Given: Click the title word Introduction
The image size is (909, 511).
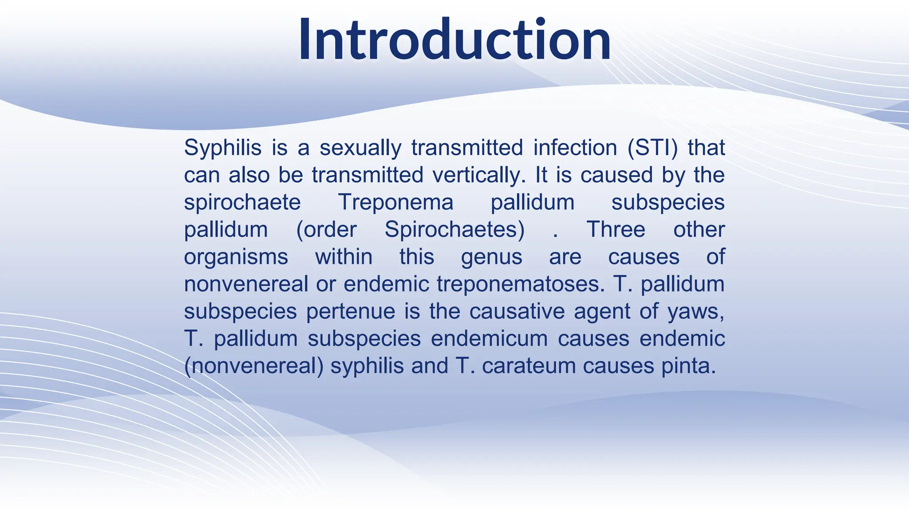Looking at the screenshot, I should [454, 40].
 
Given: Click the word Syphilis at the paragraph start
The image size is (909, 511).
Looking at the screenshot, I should [223, 148].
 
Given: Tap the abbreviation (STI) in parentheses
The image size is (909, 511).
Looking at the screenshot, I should [653, 148].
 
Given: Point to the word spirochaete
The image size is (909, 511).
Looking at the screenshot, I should [242, 203].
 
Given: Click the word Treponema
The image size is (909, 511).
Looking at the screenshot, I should [395, 203].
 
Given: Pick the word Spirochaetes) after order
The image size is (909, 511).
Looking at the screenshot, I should [454, 230].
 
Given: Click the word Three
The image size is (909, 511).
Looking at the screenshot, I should [616, 230].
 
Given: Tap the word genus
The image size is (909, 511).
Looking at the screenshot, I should [491, 257].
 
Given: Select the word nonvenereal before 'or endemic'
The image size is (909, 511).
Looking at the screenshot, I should [246, 284].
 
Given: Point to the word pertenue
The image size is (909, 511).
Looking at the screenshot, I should [351, 311].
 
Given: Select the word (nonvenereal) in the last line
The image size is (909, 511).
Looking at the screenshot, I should [254, 366].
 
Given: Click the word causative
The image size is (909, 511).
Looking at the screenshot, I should [517, 311].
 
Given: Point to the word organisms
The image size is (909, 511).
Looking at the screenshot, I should [236, 257].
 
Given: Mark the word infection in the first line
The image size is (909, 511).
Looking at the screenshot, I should [575, 148].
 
